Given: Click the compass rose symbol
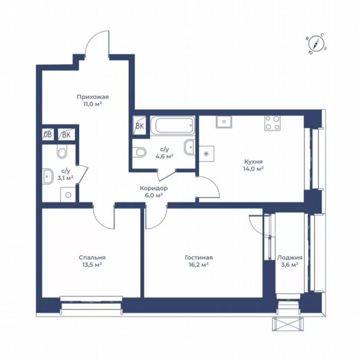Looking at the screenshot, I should (316, 44).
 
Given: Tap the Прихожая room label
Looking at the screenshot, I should (92, 97).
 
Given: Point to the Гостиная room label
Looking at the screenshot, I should (199, 258).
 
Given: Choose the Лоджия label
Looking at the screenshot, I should (289, 258).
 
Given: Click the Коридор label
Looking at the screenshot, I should (154, 188).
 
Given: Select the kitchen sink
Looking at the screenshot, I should (224, 122).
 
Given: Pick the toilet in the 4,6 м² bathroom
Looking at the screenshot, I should (140, 152).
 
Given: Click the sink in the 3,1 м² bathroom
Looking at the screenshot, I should (48, 176).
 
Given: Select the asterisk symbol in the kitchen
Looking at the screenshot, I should (206, 154).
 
